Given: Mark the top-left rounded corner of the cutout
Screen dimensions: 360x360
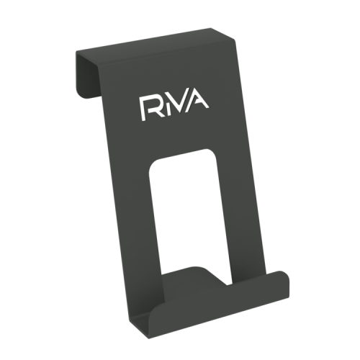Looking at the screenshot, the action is (x=153, y=166).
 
